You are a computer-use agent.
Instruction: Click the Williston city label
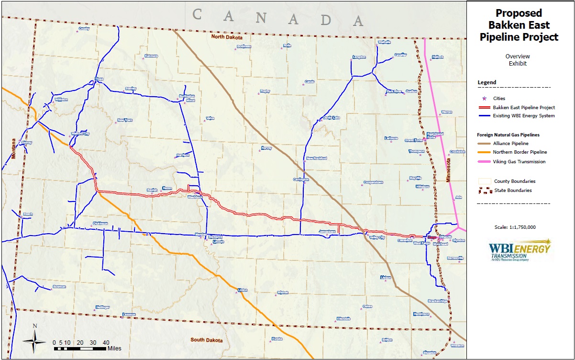(x=62, y=100)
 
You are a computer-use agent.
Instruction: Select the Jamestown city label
(x=328, y=232)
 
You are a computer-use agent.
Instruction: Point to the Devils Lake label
(x=331, y=117)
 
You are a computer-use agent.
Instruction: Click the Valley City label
(x=377, y=237)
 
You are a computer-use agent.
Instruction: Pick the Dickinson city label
(x=100, y=223)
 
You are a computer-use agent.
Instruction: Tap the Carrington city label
(x=301, y=180)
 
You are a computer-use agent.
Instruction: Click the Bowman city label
(x=59, y=287)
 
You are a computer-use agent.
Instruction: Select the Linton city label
(x=243, y=290)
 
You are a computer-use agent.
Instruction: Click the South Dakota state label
(x=207, y=340)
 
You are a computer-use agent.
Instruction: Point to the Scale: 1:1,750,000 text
(x=514, y=227)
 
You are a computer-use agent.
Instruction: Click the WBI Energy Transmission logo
(x=519, y=251)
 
